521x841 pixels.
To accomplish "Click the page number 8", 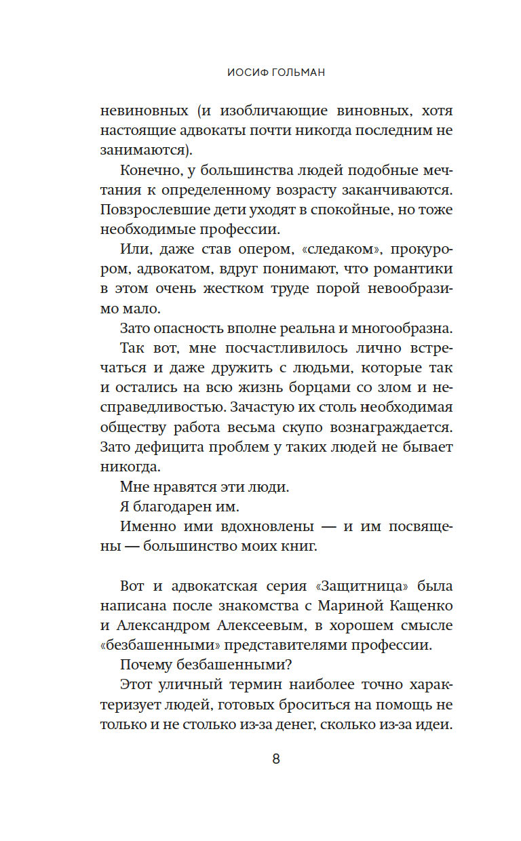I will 276,759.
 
